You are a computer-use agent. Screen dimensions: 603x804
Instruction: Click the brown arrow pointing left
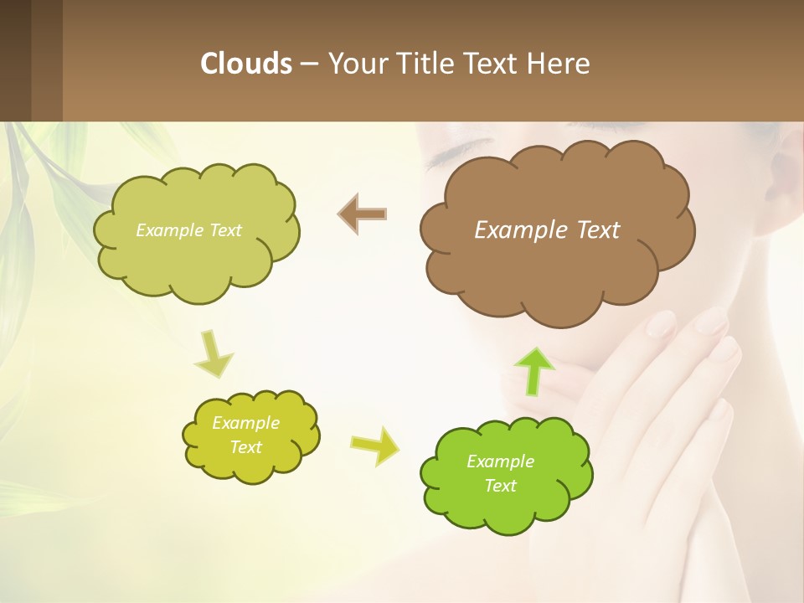point(363,214)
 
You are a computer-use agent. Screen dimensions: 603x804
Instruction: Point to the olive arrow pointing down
point(214,353)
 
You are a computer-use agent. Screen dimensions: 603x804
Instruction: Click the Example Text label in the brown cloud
point(547,230)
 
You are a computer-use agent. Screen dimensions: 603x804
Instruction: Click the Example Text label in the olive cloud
point(188,230)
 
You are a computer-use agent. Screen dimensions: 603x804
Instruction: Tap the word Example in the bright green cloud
point(500,461)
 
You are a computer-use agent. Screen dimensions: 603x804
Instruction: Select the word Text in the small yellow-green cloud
point(245,447)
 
